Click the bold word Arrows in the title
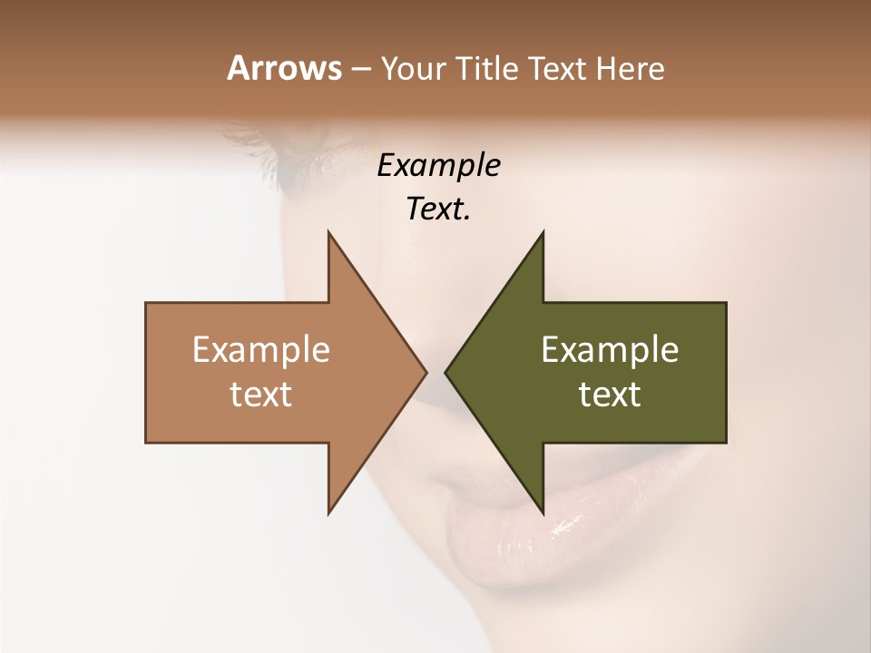point(284,68)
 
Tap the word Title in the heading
point(486,68)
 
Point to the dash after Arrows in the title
point(361,69)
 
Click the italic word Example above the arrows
point(438,166)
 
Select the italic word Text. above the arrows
point(438,210)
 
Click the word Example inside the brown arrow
point(261,350)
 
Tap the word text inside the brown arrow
point(261,395)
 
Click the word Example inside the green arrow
point(610,350)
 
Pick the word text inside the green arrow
point(610,395)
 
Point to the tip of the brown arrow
point(426,372)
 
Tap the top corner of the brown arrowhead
point(328,231)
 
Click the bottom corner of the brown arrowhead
point(328,513)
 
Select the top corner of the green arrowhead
point(543,231)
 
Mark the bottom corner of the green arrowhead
point(543,513)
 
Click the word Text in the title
point(555,68)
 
